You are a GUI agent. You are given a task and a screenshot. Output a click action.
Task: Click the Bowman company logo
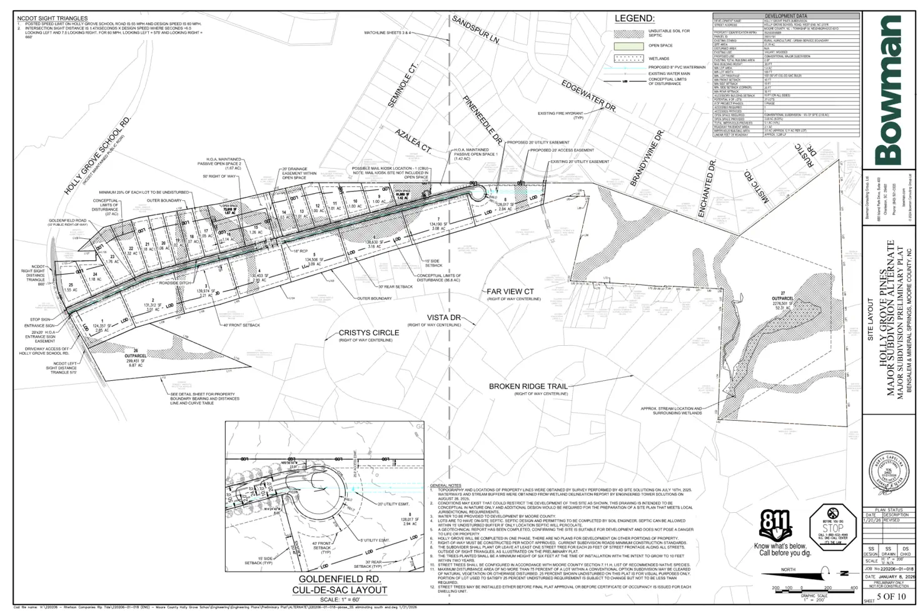coord(889,88)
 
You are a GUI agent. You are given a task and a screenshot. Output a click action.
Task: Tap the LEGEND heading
coord(634,19)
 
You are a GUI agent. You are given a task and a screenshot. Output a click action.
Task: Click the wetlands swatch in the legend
coord(628,59)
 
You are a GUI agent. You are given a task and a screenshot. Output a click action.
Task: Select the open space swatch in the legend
coord(628,46)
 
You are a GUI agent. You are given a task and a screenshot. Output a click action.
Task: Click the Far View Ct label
coord(510,291)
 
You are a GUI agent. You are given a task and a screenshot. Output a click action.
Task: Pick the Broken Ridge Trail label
coord(528,386)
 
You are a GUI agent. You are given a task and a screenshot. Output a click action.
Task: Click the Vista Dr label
coord(443,318)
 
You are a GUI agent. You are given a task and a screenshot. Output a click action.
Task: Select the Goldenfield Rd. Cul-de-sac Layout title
coord(340,584)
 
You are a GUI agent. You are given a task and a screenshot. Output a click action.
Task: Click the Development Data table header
coord(785,16)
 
